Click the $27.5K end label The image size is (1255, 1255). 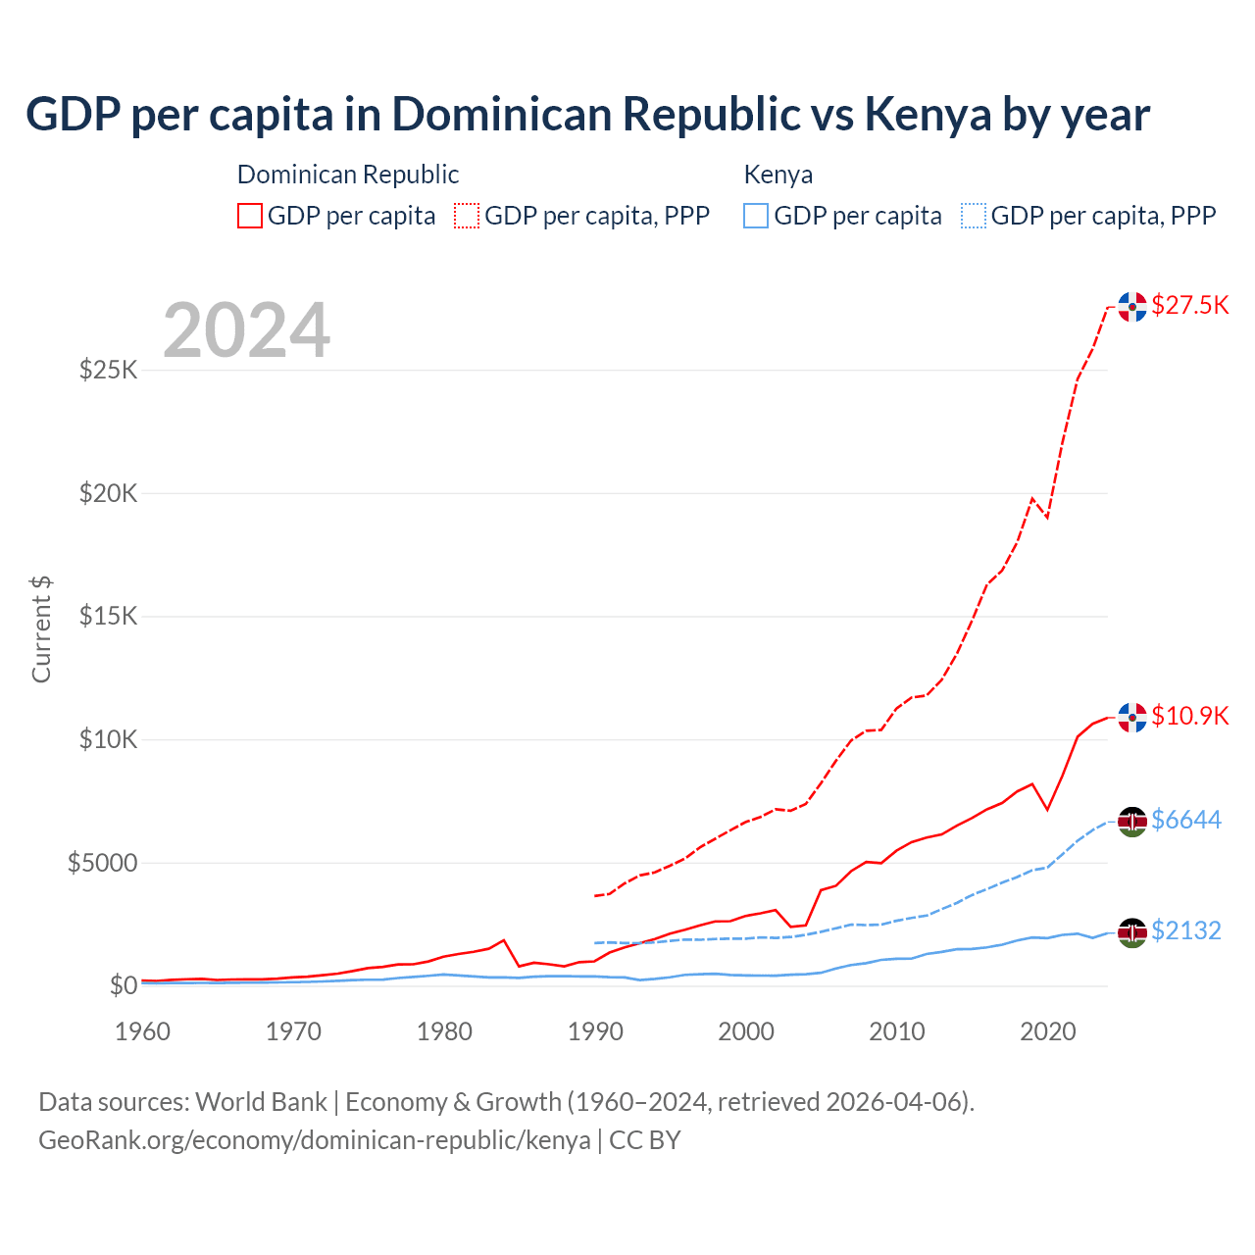(x=1189, y=305)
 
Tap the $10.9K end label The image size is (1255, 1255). (x=1189, y=716)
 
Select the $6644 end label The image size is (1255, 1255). (x=1186, y=820)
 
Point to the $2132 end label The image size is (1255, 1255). (x=1186, y=930)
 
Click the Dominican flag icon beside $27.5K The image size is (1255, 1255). (x=1132, y=307)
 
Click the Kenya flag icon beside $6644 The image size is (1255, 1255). (x=1132, y=822)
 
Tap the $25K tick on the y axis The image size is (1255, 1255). (x=109, y=370)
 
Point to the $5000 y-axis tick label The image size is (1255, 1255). (x=103, y=863)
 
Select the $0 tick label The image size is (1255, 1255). (x=124, y=985)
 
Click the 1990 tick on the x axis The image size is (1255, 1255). (x=595, y=1031)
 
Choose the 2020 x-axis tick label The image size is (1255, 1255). (x=1048, y=1031)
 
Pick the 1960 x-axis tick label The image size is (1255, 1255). (x=143, y=1031)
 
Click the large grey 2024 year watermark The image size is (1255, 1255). (x=247, y=330)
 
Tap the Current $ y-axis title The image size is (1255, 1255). (x=41, y=629)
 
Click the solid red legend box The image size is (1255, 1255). (x=250, y=216)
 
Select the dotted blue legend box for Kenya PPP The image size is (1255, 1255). (x=974, y=216)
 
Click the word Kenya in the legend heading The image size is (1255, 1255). (x=778, y=175)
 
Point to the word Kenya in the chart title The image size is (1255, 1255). (x=928, y=115)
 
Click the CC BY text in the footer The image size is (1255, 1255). (x=644, y=1140)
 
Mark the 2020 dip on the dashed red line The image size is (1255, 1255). (x=1047, y=517)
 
